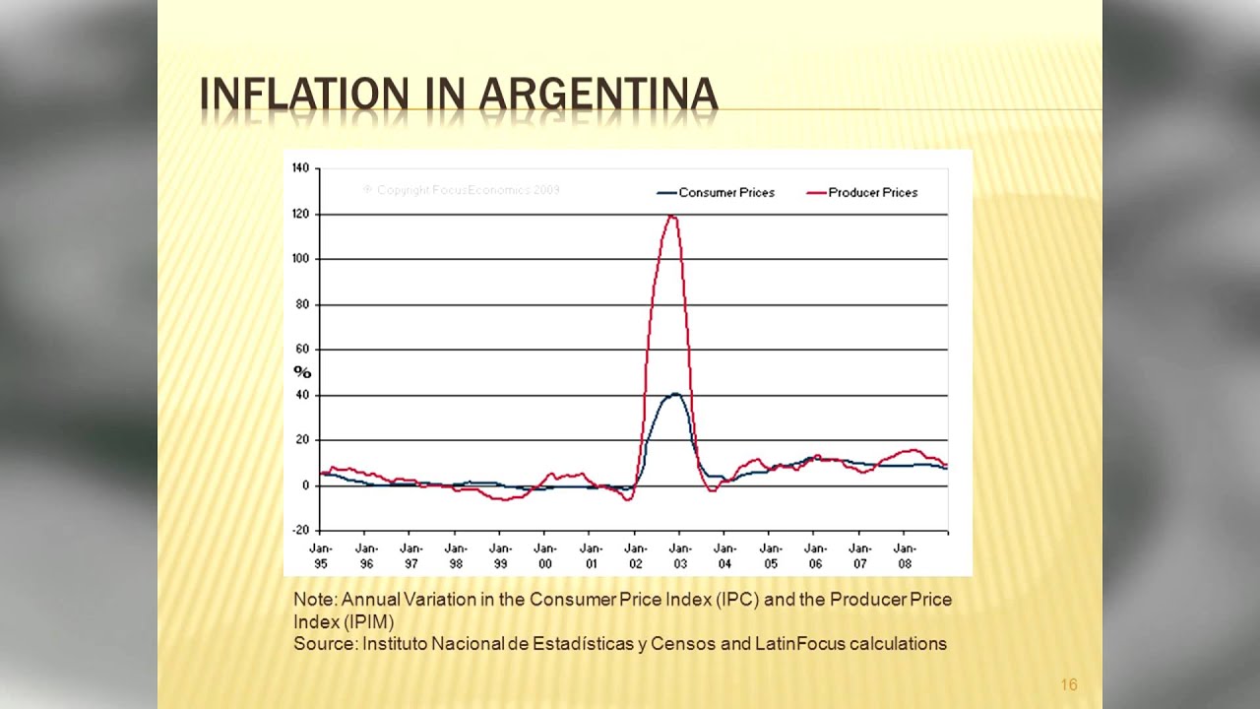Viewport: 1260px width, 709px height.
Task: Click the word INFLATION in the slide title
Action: (x=303, y=95)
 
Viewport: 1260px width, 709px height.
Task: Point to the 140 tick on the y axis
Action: (x=300, y=168)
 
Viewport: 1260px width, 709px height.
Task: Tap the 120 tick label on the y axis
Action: (x=300, y=214)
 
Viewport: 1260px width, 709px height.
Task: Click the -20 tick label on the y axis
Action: (x=300, y=531)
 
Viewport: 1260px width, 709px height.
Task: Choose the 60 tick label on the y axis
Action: (x=302, y=350)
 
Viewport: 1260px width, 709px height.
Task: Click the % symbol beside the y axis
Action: (x=302, y=372)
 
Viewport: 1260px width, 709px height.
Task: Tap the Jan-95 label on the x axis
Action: (x=321, y=556)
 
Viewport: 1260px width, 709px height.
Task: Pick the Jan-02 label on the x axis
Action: (x=635, y=556)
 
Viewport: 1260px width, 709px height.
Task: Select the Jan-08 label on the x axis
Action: (x=905, y=556)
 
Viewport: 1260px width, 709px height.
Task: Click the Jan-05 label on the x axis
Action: (x=770, y=556)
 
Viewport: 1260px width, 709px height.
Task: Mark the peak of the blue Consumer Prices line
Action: (x=675, y=394)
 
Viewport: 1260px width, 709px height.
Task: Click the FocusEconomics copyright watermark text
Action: (x=462, y=190)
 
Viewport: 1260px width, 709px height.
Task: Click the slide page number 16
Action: (x=1069, y=684)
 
